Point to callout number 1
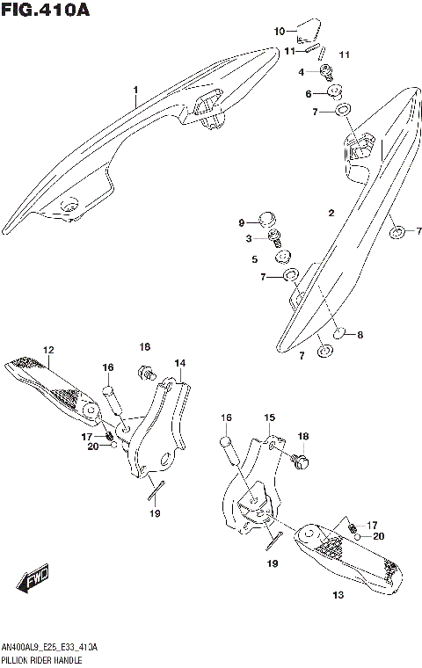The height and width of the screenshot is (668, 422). pyautogui.click(x=136, y=90)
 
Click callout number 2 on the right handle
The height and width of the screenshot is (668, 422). pyautogui.click(x=331, y=214)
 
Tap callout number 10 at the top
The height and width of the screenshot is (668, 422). pyautogui.click(x=280, y=32)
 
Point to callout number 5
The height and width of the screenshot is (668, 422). pyautogui.click(x=254, y=259)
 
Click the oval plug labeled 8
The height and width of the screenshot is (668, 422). pyautogui.click(x=346, y=334)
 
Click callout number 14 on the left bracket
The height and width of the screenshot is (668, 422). pyautogui.click(x=178, y=362)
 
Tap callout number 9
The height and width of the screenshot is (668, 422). pyautogui.click(x=242, y=223)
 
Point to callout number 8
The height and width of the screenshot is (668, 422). pyautogui.click(x=360, y=334)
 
